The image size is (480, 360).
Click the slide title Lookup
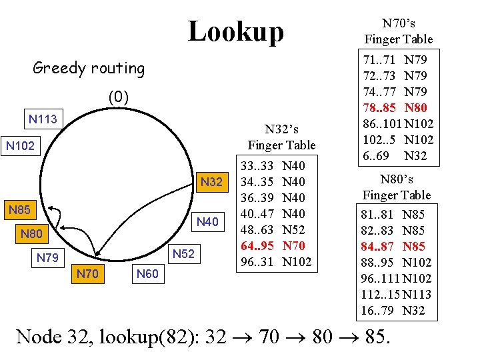[x=235, y=31]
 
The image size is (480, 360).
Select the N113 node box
[x=43, y=120]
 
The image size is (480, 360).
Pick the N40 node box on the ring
[x=209, y=221]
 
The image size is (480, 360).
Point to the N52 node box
[x=183, y=253]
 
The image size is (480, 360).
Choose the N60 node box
[x=147, y=273]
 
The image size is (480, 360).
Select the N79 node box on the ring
[x=47, y=257]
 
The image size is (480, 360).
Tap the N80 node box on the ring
[x=32, y=234]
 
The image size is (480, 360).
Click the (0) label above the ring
[x=118, y=98]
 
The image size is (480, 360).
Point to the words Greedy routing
[x=89, y=68]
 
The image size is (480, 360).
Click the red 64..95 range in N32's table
[x=257, y=245]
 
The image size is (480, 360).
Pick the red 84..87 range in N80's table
[x=377, y=246]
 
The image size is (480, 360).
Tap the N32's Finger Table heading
[x=281, y=137]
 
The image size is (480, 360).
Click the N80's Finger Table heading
[x=397, y=187]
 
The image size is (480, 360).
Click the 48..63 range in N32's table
[x=257, y=229]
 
